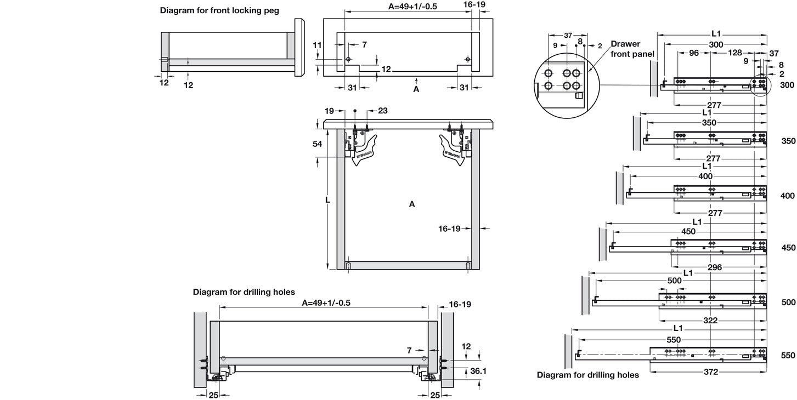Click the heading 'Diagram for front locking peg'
219,10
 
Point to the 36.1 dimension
478,371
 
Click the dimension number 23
382,111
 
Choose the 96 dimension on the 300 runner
693,53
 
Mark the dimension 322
710,321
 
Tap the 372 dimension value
710,372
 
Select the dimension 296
714,267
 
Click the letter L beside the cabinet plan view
327,201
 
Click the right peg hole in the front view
467,59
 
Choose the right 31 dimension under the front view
464,88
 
